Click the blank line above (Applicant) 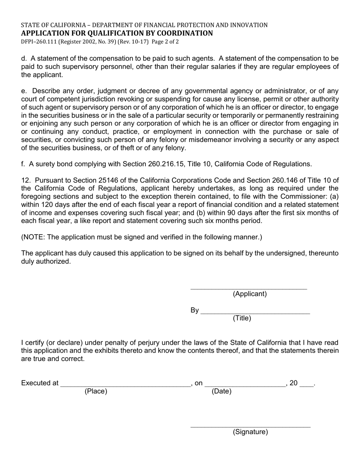(x=248, y=287)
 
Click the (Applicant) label (x=250, y=294)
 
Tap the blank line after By (x=255, y=311)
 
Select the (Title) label (x=242, y=318)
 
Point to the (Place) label (x=96, y=391)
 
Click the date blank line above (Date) (x=245, y=384)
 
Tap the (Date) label (x=221, y=391)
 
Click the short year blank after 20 (x=306, y=384)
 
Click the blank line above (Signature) (x=250, y=425)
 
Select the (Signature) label (x=250, y=432)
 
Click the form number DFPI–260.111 (x=39, y=42)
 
